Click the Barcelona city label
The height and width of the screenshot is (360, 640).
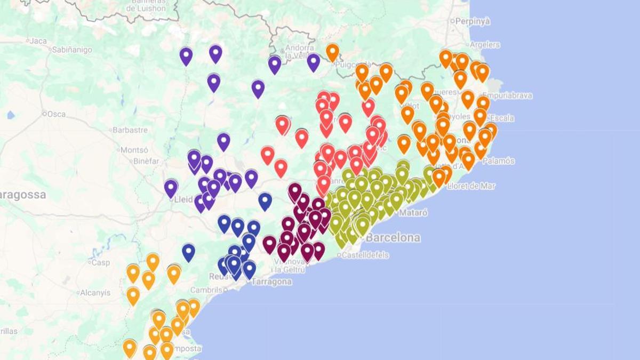tap(393, 237)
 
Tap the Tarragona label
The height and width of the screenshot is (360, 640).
tap(273, 282)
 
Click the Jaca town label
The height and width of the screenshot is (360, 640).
tap(38, 41)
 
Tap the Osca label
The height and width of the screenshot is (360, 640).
tap(56, 114)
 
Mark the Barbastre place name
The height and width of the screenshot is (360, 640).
tap(130, 130)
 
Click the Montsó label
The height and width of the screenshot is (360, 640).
tap(134, 150)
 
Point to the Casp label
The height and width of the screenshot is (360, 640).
tap(100, 262)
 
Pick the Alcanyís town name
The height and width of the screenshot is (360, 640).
tap(95, 292)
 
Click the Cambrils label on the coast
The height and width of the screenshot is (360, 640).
tap(206, 290)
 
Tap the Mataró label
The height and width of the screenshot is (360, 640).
tap(413, 212)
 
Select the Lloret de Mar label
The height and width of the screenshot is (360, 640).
tap(472, 186)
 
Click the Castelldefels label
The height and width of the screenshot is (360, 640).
tap(365, 255)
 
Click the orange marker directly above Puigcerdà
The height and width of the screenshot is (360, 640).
tap(332, 52)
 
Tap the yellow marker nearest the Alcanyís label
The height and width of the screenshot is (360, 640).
tap(133, 295)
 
